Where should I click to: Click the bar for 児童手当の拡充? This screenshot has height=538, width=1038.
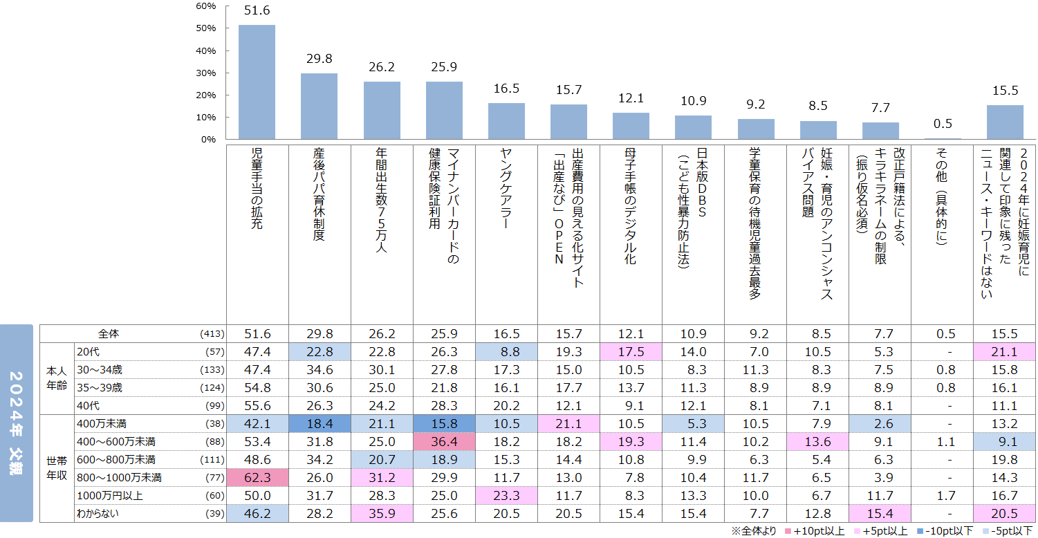click(x=257, y=82)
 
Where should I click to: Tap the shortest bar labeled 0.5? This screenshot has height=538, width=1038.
click(x=943, y=138)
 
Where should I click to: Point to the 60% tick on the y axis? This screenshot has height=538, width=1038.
click(x=206, y=6)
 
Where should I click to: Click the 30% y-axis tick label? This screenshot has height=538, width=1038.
click(x=206, y=73)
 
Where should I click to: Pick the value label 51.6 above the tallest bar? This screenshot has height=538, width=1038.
click(x=257, y=11)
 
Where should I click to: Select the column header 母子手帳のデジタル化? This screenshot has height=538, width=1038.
click(x=631, y=207)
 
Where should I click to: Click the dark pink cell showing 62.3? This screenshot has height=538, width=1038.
click(x=257, y=477)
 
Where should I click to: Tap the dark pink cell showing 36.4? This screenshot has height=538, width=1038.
click(x=444, y=441)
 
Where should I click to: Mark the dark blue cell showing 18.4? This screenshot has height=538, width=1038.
click(x=319, y=423)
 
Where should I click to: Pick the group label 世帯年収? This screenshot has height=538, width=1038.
click(x=57, y=468)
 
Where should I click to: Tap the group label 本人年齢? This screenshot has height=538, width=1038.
click(x=57, y=378)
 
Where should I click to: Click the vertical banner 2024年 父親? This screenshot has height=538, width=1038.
click(x=17, y=423)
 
